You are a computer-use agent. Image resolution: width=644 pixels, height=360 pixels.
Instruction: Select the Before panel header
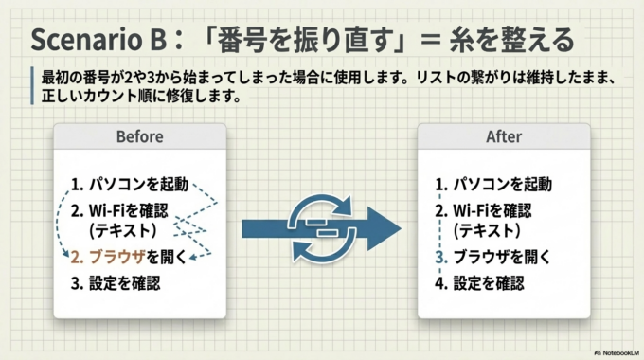(x=139, y=137)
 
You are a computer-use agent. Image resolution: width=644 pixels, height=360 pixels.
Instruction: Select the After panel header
(x=503, y=137)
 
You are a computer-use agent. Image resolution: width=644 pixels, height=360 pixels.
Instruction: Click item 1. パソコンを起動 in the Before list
(x=129, y=184)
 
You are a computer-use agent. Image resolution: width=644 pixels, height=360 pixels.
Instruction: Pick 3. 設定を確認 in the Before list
(x=116, y=282)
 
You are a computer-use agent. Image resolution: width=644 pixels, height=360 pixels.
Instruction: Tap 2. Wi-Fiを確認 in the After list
(x=490, y=209)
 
